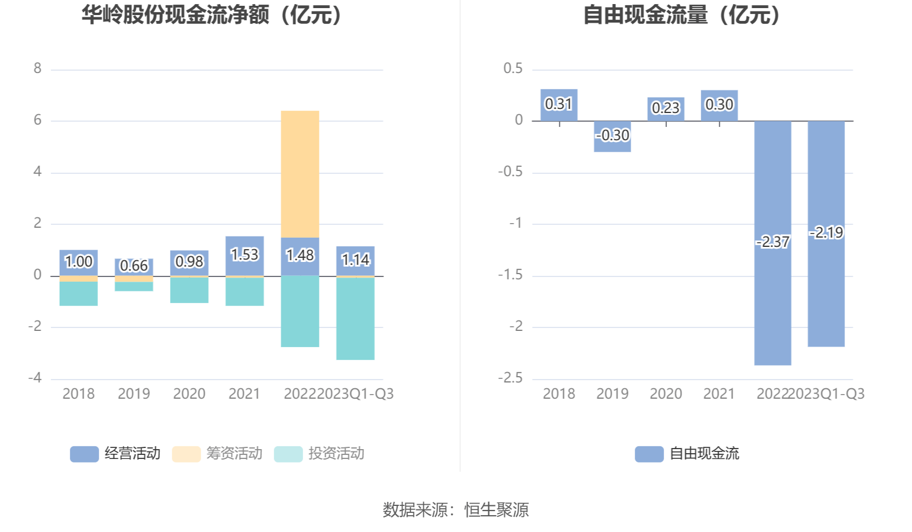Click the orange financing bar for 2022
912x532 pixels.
[300, 174]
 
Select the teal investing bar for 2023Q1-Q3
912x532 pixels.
[355, 319]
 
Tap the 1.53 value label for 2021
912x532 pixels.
[245, 254]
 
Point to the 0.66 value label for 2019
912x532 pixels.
[134, 265]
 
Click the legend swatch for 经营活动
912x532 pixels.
[84, 454]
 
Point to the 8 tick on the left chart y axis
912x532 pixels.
[38, 69]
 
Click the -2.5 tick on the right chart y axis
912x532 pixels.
[510, 378]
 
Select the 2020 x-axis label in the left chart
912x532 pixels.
[189, 394]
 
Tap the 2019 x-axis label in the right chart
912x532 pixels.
[612, 394]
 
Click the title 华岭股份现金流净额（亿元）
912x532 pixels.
[212, 15]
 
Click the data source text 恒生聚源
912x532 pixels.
[497, 510]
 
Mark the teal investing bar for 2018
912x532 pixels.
[78, 293]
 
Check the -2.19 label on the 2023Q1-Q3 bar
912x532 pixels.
[826, 233]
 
